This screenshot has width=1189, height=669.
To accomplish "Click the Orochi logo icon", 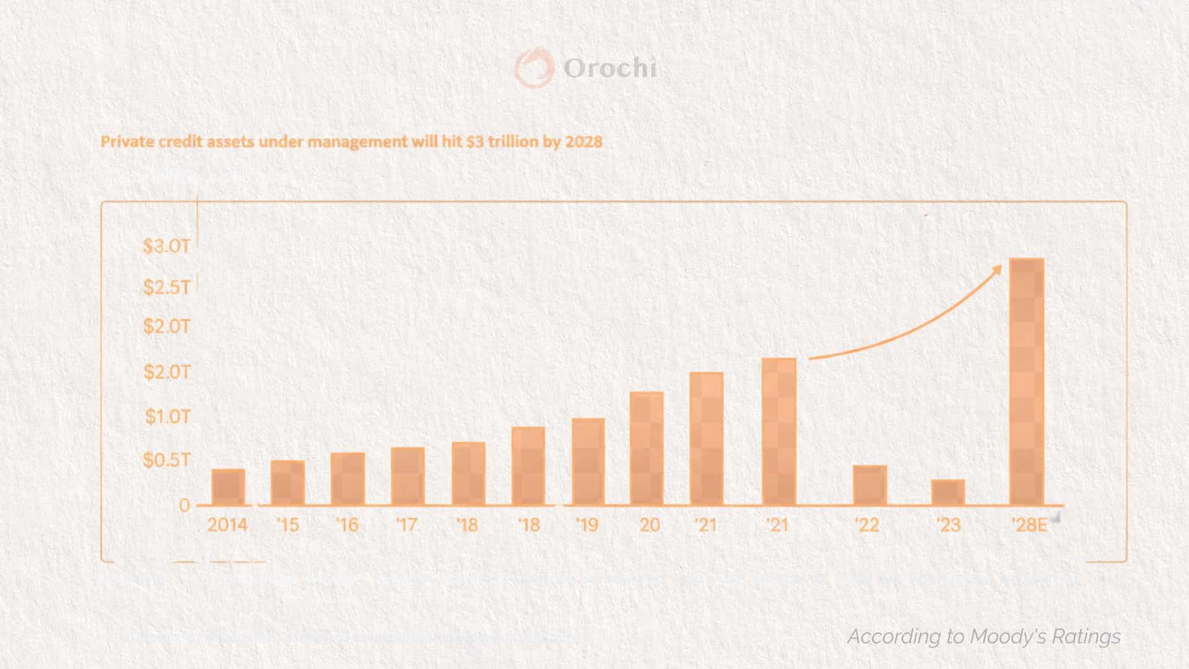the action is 534,68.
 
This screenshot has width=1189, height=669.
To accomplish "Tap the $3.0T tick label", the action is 167,246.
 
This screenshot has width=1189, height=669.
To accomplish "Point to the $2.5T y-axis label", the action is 167,287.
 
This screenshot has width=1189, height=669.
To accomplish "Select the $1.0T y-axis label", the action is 168,416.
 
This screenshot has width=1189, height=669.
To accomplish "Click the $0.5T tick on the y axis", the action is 167,460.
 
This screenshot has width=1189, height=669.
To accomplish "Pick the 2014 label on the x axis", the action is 227,525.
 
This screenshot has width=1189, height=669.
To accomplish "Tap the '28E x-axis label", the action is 1029,525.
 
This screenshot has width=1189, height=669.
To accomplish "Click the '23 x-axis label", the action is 948,525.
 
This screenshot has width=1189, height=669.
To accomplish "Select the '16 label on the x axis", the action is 347,525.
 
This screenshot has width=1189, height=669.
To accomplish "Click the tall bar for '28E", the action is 1027,382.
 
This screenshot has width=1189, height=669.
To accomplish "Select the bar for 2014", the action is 228,487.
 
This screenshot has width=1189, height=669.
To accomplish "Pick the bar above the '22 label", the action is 869,485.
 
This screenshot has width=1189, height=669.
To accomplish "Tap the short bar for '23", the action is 948,492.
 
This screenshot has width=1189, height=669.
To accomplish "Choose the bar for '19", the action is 588,462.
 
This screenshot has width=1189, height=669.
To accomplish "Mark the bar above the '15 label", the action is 287,483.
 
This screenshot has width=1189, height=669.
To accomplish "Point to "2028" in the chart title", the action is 583,142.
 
